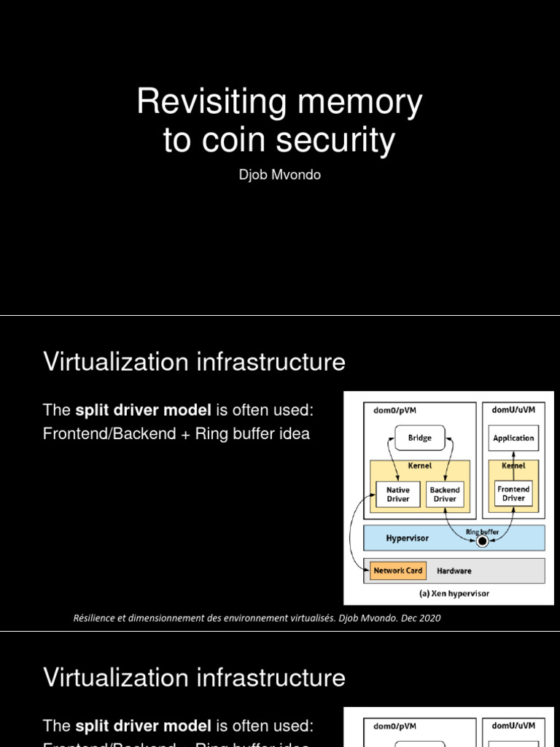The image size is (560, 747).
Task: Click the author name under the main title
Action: [x=279, y=176]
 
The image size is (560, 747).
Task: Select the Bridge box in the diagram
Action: [x=419, y=438]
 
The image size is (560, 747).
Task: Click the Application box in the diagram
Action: [x=513, y=438]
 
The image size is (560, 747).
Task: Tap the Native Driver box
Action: [x=397, y=495]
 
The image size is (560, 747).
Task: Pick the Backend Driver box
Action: [x=445, y=495]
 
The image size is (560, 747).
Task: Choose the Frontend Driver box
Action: [x=513, y=493]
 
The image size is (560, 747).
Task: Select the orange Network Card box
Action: [x=398, y=570]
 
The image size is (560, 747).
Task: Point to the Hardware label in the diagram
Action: [x=454, y=570]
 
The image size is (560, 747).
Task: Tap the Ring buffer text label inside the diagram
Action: [x=482, y=532]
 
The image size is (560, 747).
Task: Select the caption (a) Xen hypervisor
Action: [x=454, y=593]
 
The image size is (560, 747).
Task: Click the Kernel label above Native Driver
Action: [x=419, y=465]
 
